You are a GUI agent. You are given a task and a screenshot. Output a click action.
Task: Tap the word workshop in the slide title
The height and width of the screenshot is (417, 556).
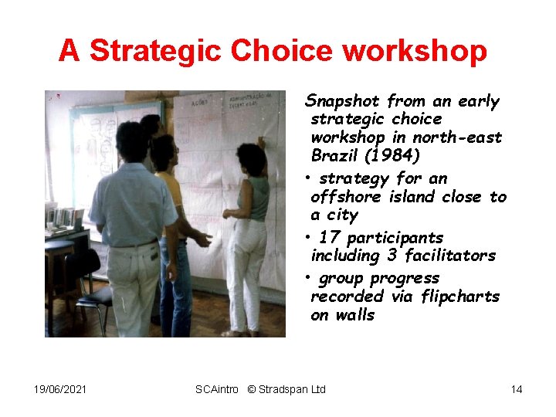point(415,51)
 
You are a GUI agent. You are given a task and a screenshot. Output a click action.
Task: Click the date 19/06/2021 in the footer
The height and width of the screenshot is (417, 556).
point(60,389)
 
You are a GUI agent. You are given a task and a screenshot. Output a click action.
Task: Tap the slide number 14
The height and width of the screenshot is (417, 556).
point(516,389)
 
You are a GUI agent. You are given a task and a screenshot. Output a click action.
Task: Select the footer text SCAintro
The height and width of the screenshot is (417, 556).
point(217,389)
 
